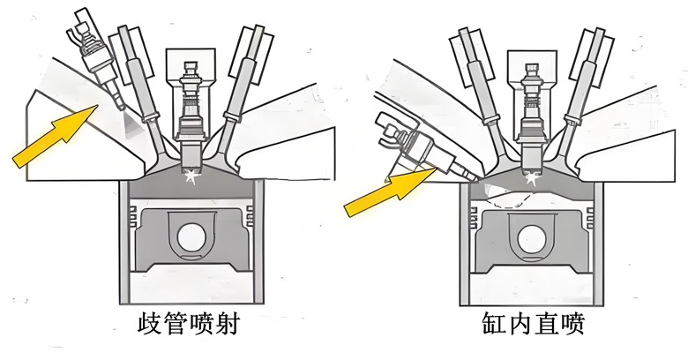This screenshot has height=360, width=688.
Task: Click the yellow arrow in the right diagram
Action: (390, 191)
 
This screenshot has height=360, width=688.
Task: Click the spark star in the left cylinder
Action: (191, 176)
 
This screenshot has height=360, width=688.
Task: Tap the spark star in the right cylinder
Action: (532, 178)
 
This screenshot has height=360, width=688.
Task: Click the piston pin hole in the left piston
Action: (191, 237)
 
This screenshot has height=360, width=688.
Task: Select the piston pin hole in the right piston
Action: (531, 240)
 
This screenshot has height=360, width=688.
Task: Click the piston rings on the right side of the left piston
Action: (250, 216)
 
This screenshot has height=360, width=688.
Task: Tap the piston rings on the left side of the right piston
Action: (474, 216)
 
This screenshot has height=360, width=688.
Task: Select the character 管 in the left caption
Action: (176, 323)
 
